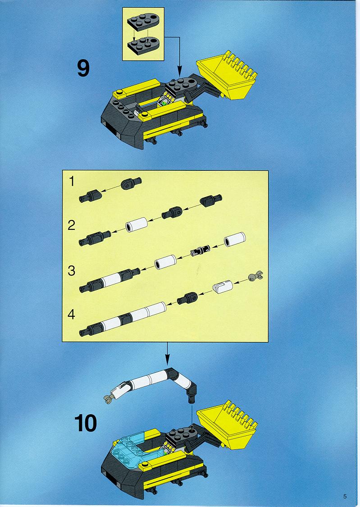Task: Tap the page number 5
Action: click(345, 496)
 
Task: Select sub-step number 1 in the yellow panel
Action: click(72, 181)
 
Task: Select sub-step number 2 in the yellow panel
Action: click(72, 225)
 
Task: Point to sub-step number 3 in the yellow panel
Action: click(72, 270)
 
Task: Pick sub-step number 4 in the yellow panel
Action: click(72, 314)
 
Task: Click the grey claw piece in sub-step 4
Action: click(256, 276)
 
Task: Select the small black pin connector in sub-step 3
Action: click(200, 251)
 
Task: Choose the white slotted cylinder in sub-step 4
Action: click(222, 287)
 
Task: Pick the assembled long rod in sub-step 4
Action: click(123, 319)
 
